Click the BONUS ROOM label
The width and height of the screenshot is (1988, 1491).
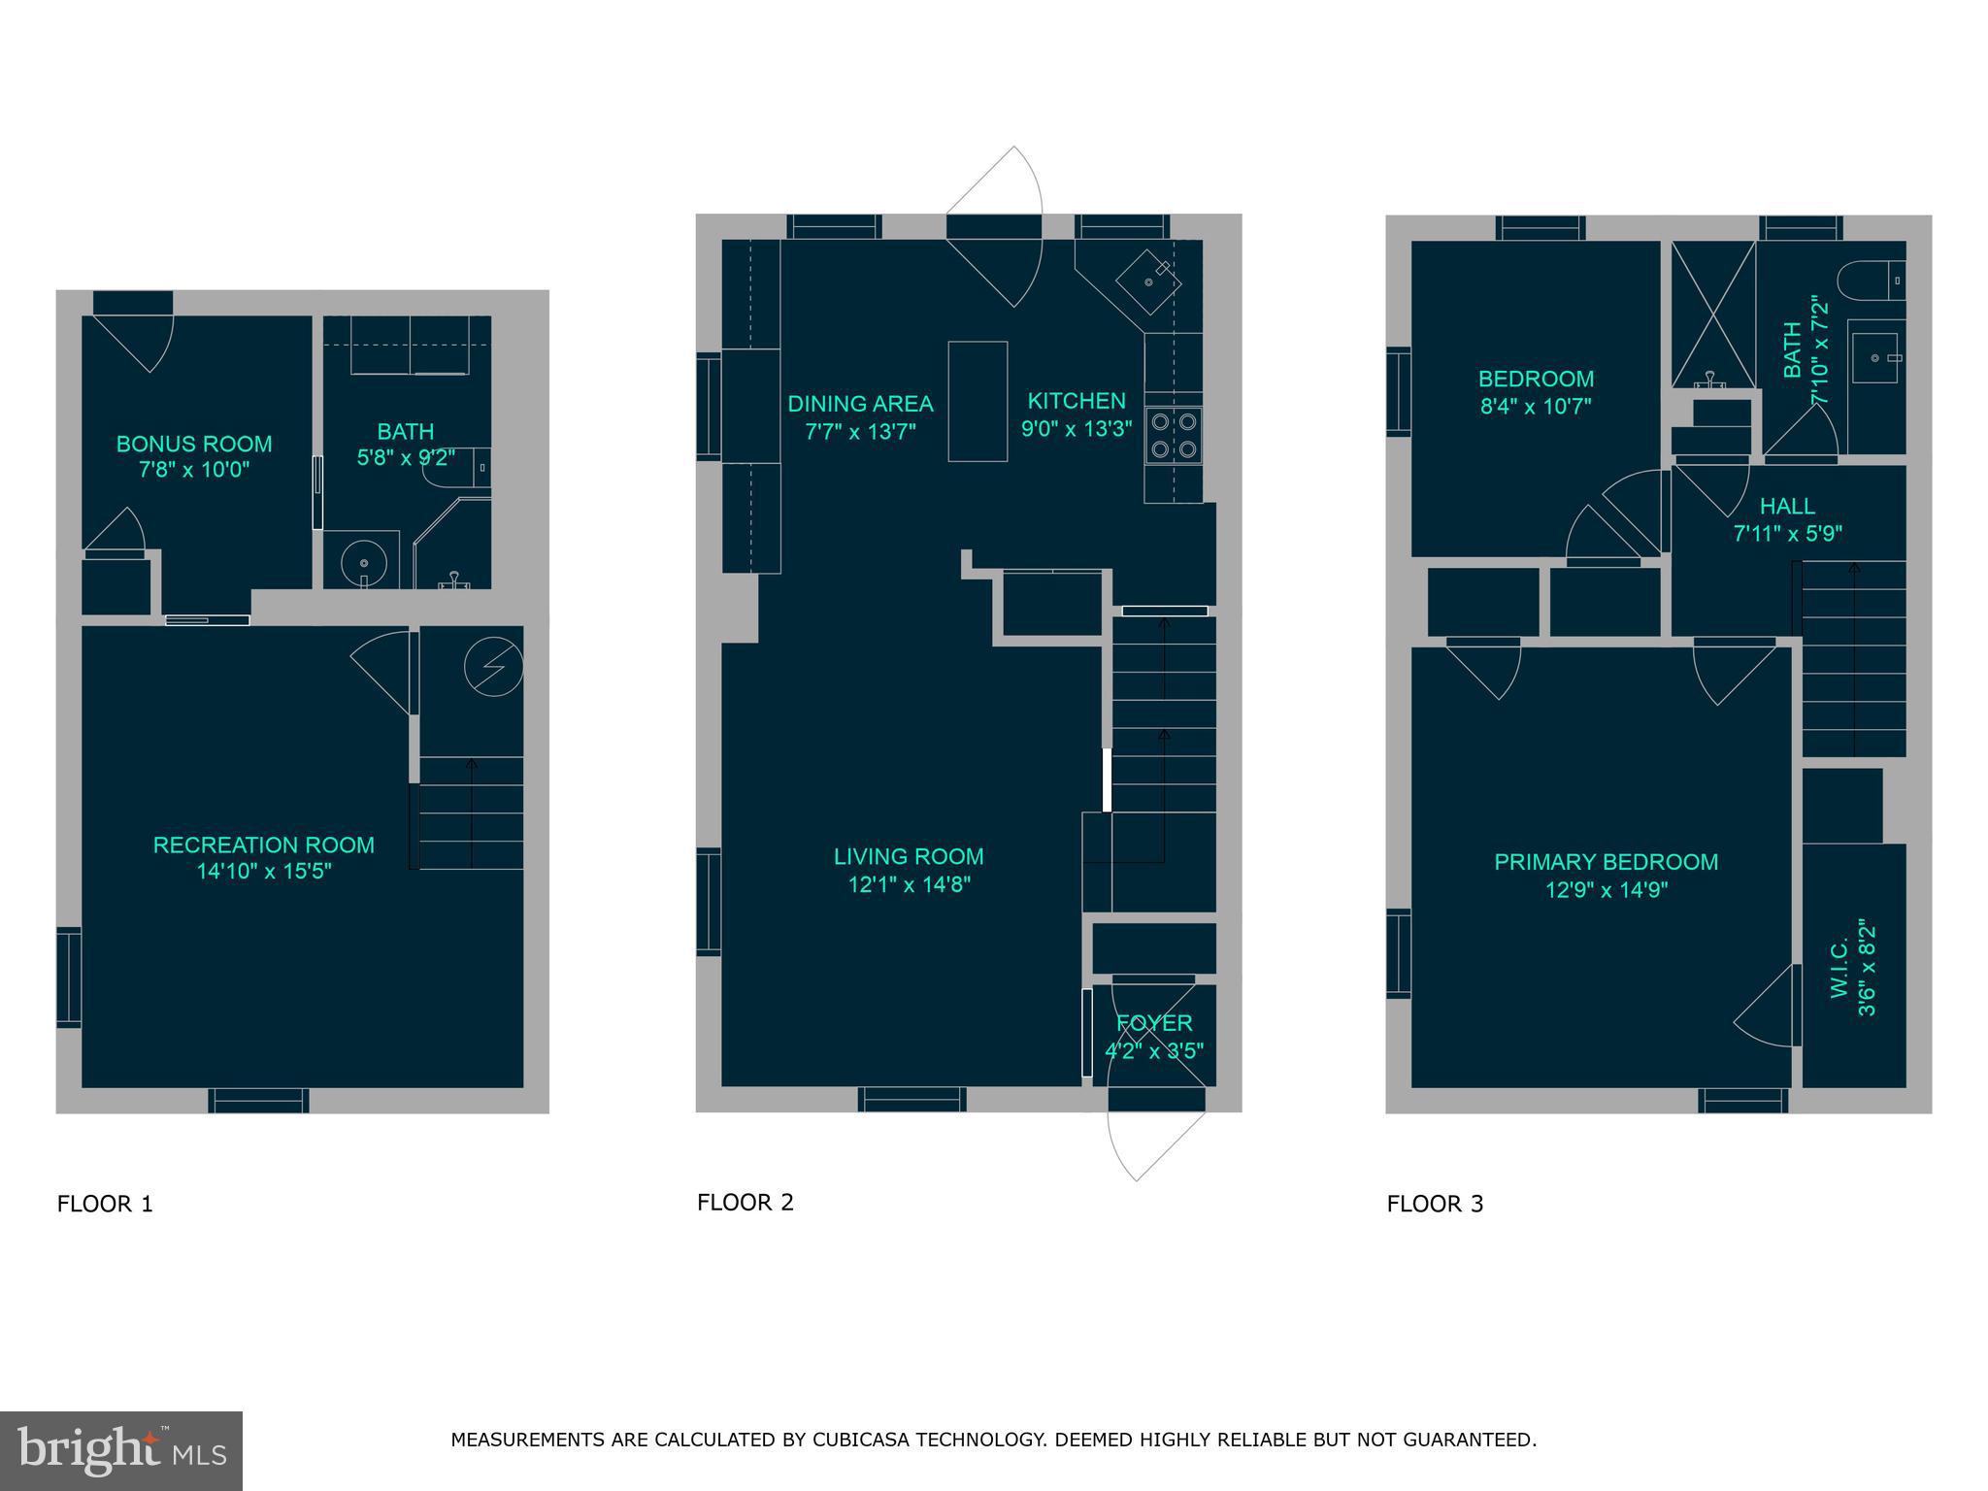click(194, 444)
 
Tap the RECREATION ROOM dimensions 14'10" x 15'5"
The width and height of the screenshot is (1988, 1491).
click(264, 872)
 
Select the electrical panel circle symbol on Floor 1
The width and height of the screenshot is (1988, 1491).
click(493, 667)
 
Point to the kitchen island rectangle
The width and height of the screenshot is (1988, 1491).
click(977, 401)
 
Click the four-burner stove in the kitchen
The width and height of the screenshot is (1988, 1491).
click(1173, 435)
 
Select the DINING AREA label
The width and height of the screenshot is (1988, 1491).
click(860, 404)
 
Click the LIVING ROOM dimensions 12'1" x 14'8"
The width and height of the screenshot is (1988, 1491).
click(909, 884)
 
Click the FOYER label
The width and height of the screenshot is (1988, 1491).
click(1154, 1023)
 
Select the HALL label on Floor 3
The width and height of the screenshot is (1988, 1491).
click(1787, 506)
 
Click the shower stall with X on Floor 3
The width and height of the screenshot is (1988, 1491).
click(1713, 313)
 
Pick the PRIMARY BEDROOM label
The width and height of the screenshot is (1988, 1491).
click(1606, 862)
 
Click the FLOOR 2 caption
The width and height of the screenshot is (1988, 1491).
click(745, 1203)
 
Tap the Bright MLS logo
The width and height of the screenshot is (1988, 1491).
click(121, 1451)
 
